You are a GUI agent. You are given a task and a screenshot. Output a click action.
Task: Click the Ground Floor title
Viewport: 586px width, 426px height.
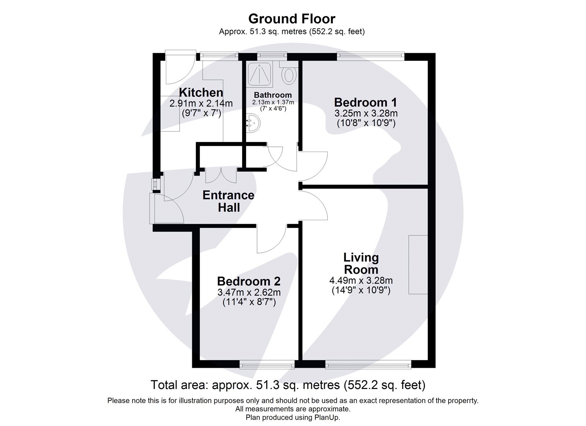tap(292, 18)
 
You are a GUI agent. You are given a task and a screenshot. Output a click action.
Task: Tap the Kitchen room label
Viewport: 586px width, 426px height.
tap(201, 92)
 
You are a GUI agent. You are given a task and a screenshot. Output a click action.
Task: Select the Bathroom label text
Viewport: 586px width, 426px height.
tap(273, 95)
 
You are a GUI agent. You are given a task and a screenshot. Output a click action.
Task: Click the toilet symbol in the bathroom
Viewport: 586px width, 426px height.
tap(289, 75)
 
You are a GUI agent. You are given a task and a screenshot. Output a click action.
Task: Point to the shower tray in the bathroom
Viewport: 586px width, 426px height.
tap(260, 74)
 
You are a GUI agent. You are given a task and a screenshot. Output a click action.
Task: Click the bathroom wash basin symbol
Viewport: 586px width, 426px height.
tap(253, 123)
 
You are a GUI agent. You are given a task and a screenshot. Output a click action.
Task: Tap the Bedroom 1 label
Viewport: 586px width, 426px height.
tap(366, 102)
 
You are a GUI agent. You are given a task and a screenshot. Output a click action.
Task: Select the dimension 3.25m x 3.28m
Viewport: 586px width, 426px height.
tap(366, 114)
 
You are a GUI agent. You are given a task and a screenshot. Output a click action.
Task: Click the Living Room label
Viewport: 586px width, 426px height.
tap(361, 263)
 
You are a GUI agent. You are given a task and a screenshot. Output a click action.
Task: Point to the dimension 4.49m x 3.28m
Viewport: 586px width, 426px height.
tap(361, 281)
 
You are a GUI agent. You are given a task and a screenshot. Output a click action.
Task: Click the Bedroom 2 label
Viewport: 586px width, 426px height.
tap(249, 281)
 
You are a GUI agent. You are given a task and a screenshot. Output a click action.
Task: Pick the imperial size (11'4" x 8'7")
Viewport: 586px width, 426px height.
tap(249, 302)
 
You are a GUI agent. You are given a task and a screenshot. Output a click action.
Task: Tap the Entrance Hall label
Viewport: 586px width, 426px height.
tap(229, 201)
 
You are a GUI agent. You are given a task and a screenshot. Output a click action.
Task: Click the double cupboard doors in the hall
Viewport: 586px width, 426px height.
tap(221, 175)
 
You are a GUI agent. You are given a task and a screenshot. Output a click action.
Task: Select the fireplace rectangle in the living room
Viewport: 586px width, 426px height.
tap(418, 264)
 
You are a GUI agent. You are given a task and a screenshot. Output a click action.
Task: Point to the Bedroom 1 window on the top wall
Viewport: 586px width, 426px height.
tap(371, 56)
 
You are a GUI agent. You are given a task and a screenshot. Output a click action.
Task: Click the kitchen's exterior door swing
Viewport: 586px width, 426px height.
tap(177, 70)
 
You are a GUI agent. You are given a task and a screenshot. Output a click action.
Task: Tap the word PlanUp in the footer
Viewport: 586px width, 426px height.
tap(329, 417)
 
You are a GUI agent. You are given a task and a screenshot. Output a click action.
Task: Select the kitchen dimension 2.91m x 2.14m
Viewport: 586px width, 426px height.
tap(201, 104)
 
